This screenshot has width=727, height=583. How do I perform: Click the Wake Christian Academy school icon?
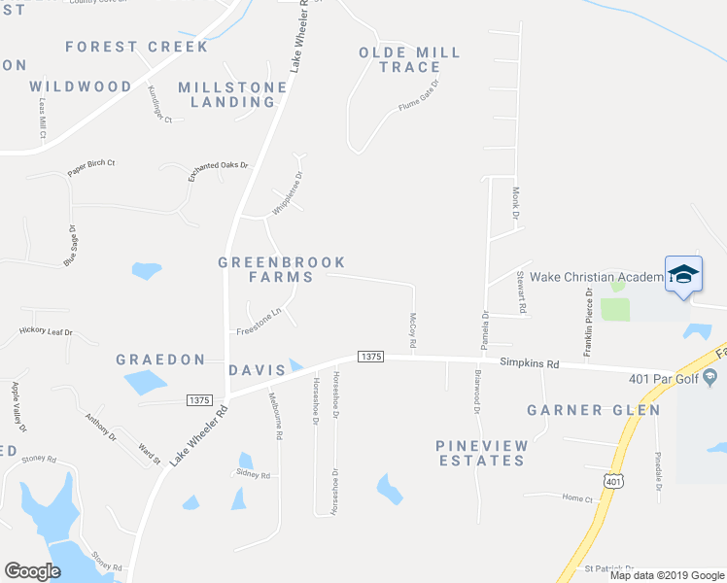(x=683, y=274)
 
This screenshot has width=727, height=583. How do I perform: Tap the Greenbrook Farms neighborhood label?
(x=281, y=269)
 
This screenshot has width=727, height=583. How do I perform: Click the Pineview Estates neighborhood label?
(x=482, y=453)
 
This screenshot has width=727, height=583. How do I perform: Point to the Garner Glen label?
(x=594, y=411)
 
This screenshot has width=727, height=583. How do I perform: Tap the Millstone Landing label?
(x=231, y=94)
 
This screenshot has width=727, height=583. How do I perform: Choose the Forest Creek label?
(x=137, y=47)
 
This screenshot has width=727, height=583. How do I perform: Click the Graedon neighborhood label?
(x=160, y=360)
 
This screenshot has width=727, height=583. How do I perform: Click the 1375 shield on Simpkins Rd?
(x=369, y=358)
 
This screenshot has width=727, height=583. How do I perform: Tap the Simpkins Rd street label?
(x=530, y=364)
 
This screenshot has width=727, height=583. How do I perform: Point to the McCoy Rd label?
(x=413, y=330)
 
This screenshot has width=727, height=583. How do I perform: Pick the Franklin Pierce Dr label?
(x=589, y=322)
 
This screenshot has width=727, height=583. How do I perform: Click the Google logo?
(x=32, y=570)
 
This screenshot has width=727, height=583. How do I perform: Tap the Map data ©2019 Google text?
(x=666, y=575)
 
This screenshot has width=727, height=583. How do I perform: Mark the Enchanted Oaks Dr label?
(x=219, y=172)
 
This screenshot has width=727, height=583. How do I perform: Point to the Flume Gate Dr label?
(x=419, y=96)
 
